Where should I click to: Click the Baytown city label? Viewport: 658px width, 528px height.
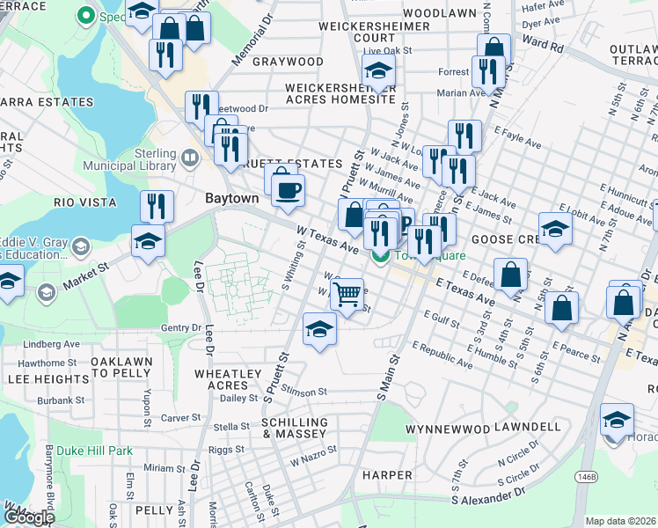[231, 199]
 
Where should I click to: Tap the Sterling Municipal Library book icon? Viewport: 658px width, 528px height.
[190, 158]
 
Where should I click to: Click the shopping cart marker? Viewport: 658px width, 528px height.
[347, 293]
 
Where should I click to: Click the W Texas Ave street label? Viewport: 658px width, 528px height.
[328, 238]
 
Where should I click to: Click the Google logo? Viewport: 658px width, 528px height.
[29, 517]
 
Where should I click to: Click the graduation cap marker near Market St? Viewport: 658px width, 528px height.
[149, 239]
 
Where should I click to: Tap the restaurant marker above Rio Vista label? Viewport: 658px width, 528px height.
[157, 206]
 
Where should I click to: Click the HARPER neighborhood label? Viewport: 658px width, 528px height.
[386, 475]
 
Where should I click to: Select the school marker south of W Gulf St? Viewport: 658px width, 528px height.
[319, 329]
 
